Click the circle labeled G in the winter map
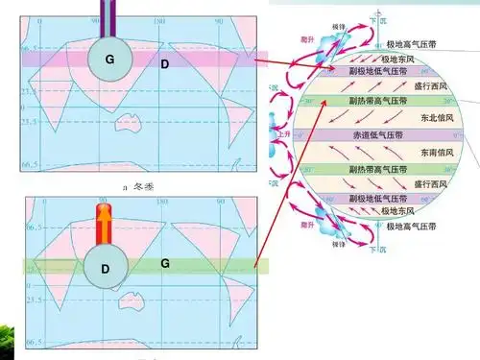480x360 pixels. pos(109,60)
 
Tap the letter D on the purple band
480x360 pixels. pos(164,63)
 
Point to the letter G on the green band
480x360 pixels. pos(165,262)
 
